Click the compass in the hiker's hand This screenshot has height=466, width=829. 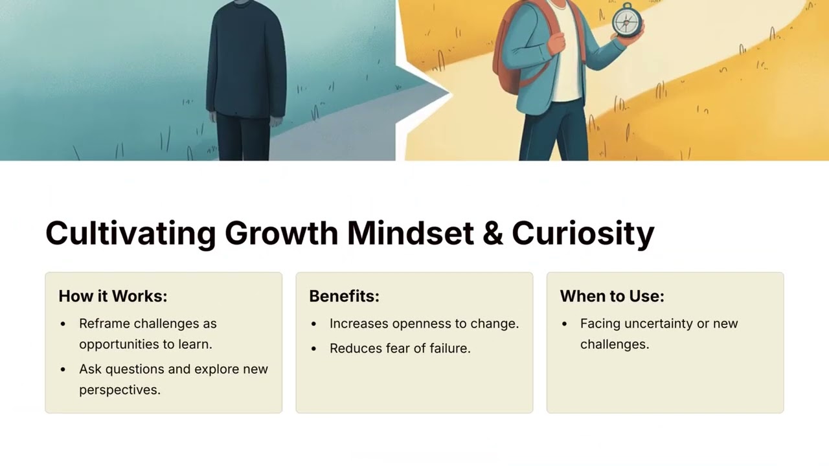(626, 20)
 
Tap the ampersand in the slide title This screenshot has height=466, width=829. (493, 233)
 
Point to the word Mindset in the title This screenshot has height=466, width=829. (410, 233)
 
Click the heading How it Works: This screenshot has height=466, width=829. (113, 296)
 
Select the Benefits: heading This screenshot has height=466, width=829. (344, 296)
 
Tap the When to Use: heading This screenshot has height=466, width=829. (612, 296)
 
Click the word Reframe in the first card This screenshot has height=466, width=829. (103, 323)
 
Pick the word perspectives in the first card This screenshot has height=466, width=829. (119, 390)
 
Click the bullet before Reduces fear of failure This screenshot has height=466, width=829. (314, 349)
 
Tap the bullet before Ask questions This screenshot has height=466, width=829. (63, 370)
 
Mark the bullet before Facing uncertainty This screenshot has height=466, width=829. (565, 324)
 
